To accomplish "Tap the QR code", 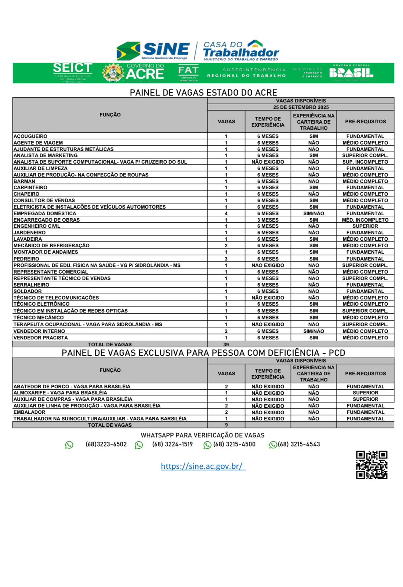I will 371,465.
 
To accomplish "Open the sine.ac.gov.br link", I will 203,466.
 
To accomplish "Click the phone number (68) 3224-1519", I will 172,444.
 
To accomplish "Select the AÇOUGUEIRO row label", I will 30,136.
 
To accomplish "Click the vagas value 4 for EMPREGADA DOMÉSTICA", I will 226,214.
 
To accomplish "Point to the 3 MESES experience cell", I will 268,220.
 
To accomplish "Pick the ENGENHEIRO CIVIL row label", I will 37,226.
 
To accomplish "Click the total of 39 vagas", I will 226,344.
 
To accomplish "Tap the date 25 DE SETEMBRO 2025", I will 301,107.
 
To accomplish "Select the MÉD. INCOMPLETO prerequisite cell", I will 365,220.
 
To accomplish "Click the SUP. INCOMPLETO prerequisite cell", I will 365,162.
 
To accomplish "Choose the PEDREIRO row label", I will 26,259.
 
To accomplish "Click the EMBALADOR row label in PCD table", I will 29,412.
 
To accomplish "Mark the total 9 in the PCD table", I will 226,425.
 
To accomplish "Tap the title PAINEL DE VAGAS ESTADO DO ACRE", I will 203,92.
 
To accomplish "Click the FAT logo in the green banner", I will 188,73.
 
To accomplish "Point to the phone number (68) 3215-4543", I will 299,444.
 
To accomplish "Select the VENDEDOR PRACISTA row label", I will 40,338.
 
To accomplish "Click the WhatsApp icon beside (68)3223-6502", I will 69,445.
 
